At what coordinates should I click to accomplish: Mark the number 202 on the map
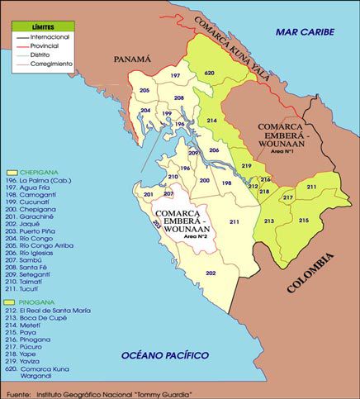(211, 273)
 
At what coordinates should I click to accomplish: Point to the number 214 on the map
(212, 121)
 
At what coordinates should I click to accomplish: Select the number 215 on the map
(303, 221)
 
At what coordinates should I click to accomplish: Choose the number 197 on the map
(175, 75)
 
